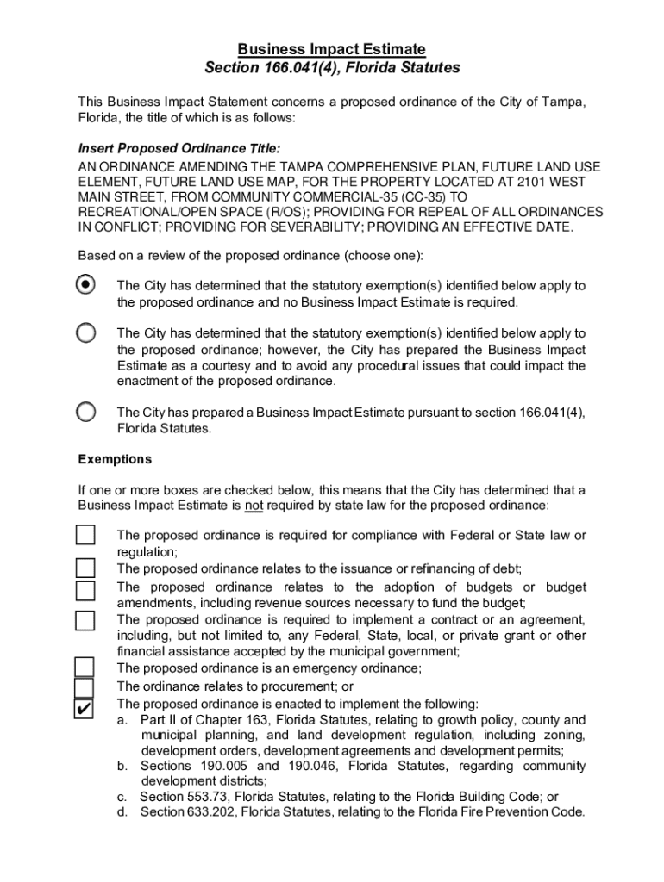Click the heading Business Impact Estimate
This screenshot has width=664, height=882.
[x=332, y=49]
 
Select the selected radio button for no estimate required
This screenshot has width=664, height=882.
[x=85, y=284]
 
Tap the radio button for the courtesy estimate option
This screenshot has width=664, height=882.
[x=85, y=332]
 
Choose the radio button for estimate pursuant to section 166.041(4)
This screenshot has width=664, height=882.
[x=85, y=412]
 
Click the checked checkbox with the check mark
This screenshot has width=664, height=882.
[x=84, y=709]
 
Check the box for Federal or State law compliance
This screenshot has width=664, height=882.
[x=85, y=535]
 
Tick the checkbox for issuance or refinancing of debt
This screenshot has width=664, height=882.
[x=85, y=568]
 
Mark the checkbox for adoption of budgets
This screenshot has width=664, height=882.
[x=85, y=590]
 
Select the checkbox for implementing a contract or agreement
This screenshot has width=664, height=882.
[x=85, y=620]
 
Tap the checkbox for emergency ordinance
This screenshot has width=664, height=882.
[x=84, y=667]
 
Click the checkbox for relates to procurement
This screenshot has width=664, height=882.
[x=84, y=687]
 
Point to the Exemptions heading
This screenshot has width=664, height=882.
[x=115, y=459]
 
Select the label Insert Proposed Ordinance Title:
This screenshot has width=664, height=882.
[x=179, y=148]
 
